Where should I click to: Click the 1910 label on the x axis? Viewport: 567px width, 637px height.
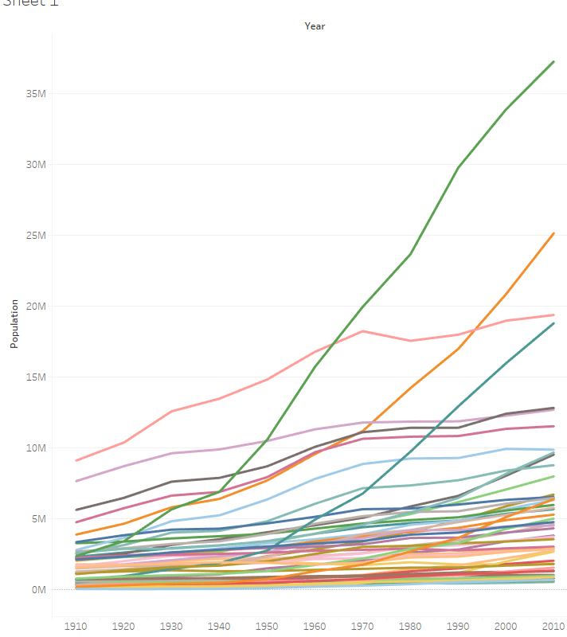76,626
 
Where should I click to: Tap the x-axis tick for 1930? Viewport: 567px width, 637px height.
171,626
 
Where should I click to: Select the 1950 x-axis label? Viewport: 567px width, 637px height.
267,626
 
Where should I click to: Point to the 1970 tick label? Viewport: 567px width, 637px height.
362,626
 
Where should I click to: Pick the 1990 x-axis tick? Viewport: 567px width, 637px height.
458,626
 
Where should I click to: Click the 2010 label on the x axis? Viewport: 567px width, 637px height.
553,626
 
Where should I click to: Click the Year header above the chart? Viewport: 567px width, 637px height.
315,26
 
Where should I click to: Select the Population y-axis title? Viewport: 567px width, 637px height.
14,323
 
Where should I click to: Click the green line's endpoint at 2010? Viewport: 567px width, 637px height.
553,61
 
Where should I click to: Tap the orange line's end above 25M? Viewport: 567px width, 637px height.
553,233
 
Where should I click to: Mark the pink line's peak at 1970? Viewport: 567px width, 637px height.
363,330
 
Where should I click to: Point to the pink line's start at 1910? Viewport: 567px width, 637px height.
76,460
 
